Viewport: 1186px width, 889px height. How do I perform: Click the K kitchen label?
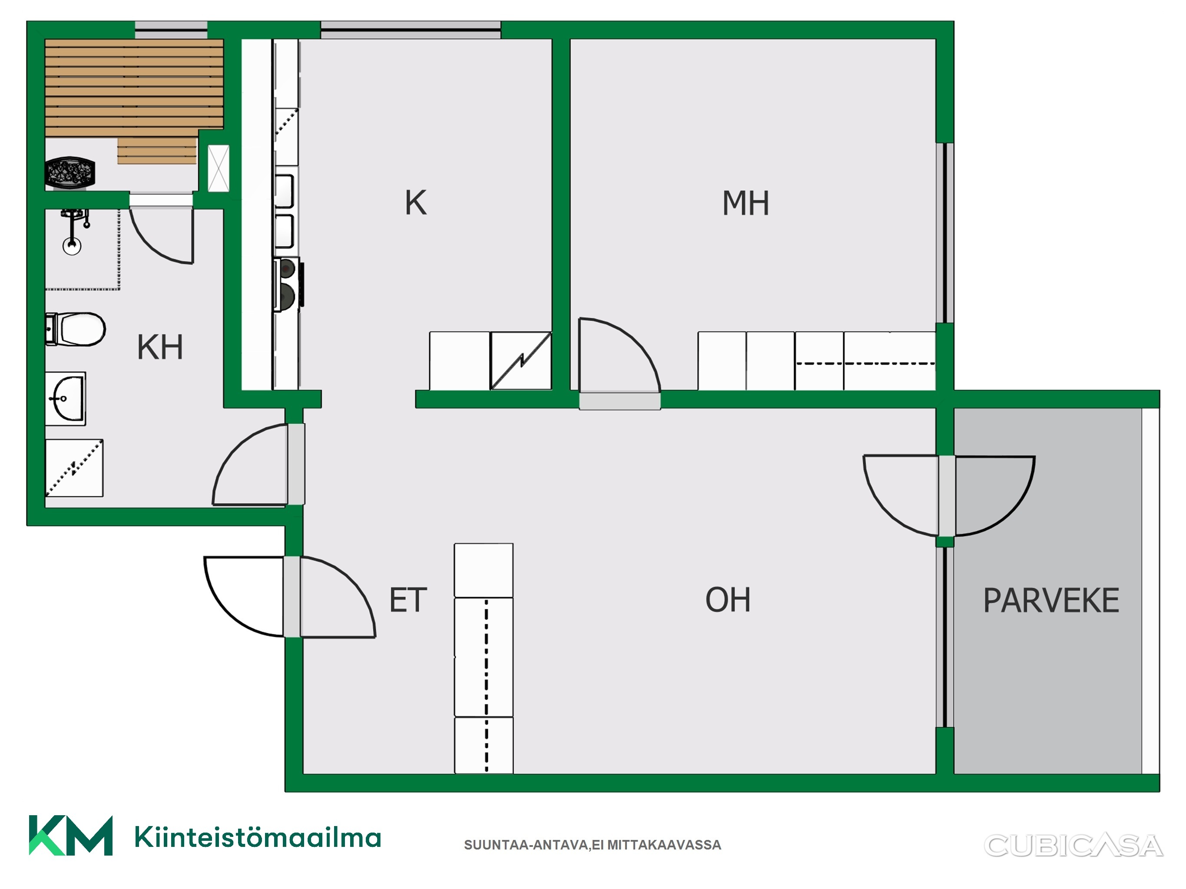(416, 203)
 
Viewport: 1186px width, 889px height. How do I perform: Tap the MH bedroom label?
(745, 203)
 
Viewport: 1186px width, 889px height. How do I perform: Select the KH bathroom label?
(160, 347)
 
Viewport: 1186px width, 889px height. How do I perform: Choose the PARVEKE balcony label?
(1051, 600)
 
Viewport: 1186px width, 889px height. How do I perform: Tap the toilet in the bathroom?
(75, 329)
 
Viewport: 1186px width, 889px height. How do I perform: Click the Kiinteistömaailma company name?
(258, 837)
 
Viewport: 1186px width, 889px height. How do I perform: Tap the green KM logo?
(71, 836)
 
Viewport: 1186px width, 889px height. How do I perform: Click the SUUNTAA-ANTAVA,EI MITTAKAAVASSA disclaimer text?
(593, 845)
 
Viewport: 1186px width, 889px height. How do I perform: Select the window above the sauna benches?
(171, 30)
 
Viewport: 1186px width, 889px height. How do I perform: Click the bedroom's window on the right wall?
(945, 233)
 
